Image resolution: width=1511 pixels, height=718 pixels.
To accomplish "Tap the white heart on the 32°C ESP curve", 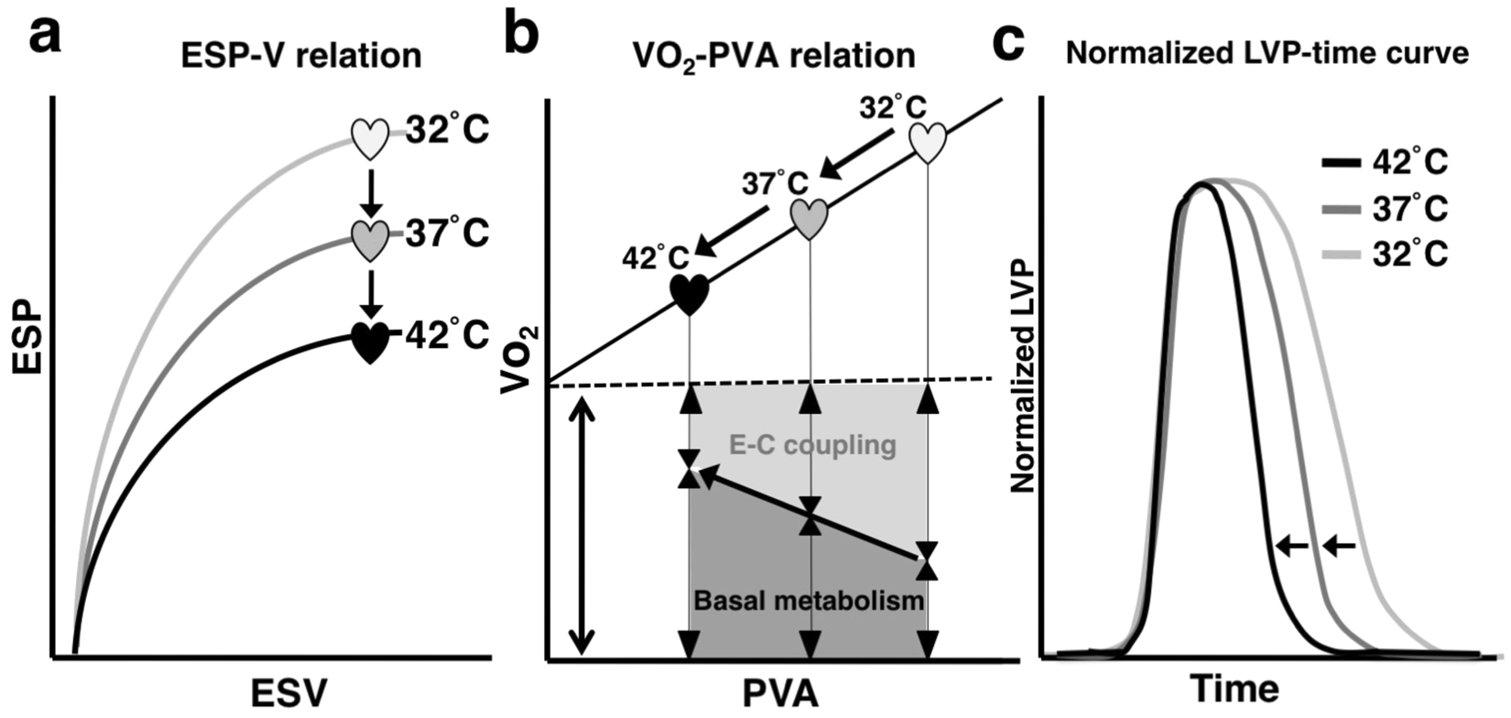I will point(370,138).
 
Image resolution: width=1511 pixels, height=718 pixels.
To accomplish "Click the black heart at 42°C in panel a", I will point(370,343).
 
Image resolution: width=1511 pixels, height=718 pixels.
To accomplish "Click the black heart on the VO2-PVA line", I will point(689,294).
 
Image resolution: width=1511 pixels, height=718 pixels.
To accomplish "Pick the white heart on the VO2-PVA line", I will point(927,142).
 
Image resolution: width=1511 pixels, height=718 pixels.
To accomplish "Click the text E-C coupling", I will point(812,445).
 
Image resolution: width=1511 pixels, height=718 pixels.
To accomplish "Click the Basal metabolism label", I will point(809,602).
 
